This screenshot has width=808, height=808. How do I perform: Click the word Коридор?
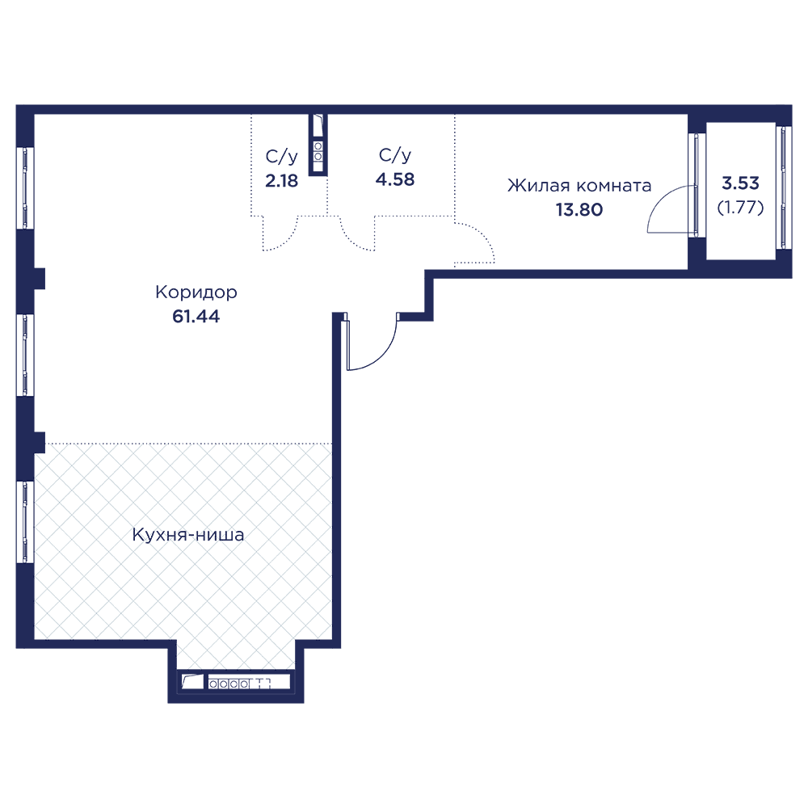(x=196, y=292)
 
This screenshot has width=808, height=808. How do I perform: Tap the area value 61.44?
(x=196, y=316)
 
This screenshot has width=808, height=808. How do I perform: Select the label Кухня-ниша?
(x=188, y=535)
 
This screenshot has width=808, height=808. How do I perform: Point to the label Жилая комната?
(x=579, y=186)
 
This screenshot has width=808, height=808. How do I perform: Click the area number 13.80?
(x=579, y=210)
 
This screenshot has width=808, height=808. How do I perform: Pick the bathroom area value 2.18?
(x=282, y=180)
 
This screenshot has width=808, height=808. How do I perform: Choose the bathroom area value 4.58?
(x=395, y=179)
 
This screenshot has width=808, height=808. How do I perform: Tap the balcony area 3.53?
(x=741, y=183)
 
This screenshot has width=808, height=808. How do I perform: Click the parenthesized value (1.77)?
(x=741, y=206)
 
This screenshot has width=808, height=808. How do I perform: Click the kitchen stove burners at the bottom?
(x=230, y=684)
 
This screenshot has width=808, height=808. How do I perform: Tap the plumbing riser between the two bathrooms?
(x=318, y=145)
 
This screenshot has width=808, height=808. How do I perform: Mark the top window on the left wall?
(x=27, y=187)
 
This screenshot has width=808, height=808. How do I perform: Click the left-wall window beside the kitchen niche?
(x=27, y=521)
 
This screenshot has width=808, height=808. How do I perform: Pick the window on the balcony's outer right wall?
(x=781, y=187)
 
